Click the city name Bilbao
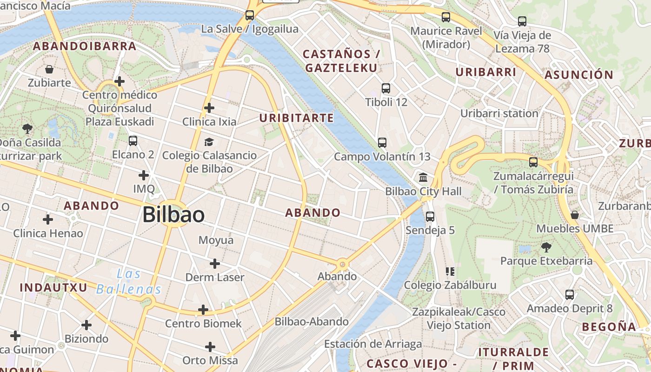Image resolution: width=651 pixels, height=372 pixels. tap(173, 215)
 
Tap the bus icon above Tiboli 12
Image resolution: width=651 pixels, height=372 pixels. tap(385, 88)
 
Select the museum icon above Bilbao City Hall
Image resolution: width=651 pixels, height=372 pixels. tap(423, 178)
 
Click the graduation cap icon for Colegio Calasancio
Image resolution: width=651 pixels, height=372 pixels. tap(209, 142)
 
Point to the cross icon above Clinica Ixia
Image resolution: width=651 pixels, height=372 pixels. tap(209, 108)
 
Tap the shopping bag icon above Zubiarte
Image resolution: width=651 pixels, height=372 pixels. tap(49, 70)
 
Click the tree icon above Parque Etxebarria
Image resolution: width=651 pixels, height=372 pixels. tap(546, 247)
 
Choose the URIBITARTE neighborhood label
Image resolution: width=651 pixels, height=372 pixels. tap(297, 118)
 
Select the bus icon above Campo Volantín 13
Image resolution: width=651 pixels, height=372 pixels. tap(382, 143)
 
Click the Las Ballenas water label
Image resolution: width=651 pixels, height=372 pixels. tap(129, 282)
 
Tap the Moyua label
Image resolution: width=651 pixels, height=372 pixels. tap(216, 240)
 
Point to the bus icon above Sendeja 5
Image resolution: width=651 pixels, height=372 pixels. tap(430, 217)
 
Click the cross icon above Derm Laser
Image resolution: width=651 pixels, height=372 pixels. tap(214, 264)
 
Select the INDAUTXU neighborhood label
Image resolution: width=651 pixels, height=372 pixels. tap(53, 287)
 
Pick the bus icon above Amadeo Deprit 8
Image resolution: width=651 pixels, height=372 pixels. tap(570, 295)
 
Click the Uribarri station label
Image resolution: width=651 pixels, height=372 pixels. tap(499, 113)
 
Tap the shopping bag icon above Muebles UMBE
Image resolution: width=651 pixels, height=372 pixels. tap(575, 215)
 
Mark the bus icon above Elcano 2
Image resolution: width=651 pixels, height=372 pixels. tap(133, 140)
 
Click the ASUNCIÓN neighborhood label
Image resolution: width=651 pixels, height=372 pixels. tap(579, 75)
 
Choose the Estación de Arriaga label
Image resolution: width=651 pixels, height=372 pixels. tap(373, 344)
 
